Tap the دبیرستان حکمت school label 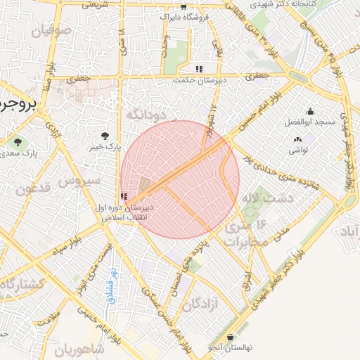pos(200,80)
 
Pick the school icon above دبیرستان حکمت pos(200,69)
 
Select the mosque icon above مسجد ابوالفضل pos(310,111)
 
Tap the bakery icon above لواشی pos(297,140)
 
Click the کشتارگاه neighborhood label pos(21,284)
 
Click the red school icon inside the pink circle pos(124,196)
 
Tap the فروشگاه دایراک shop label pos(185,15)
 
